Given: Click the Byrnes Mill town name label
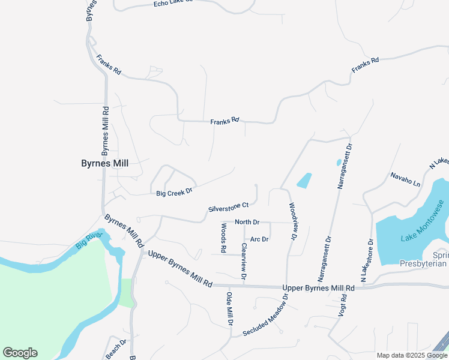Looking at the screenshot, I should click(104, 163).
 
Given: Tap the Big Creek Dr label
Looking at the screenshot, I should click(173, 193).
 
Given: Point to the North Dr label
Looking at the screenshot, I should click(247, 222).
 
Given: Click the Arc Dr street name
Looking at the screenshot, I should click(259, 239).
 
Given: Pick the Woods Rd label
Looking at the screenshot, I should click(223, 237).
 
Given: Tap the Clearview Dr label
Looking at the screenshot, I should click(244, 262).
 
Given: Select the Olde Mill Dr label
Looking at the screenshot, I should click(229, 308).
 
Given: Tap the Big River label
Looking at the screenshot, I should click(89, 241).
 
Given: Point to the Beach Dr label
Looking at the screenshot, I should click(116, 347).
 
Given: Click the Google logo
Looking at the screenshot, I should click(20, 353).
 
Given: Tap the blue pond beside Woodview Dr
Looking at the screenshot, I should click(304, 180).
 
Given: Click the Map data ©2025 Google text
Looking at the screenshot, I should click(411, 355).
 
